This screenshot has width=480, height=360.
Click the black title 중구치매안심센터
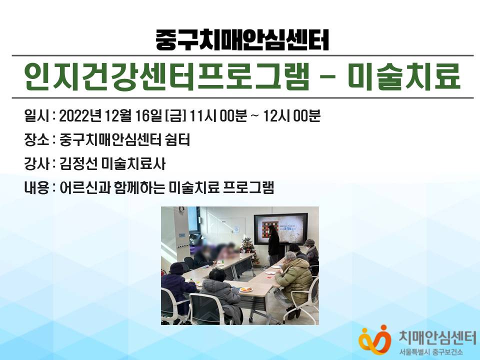(242, 40)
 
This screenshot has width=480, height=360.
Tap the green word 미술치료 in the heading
(404, 76)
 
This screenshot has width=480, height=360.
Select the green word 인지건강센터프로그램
(166, 76)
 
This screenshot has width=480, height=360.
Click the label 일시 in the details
(36, 116)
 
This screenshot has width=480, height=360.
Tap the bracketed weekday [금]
(175, 116)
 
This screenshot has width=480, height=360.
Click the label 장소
(36, 140)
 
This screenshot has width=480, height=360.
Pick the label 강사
(36, 164)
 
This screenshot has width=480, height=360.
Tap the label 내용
(36, 187)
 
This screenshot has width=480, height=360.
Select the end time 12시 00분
(291, 116)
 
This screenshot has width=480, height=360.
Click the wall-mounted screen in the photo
(280, 229)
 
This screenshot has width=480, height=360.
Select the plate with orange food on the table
(245, 289)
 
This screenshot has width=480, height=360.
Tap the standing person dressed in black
(273, 245)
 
